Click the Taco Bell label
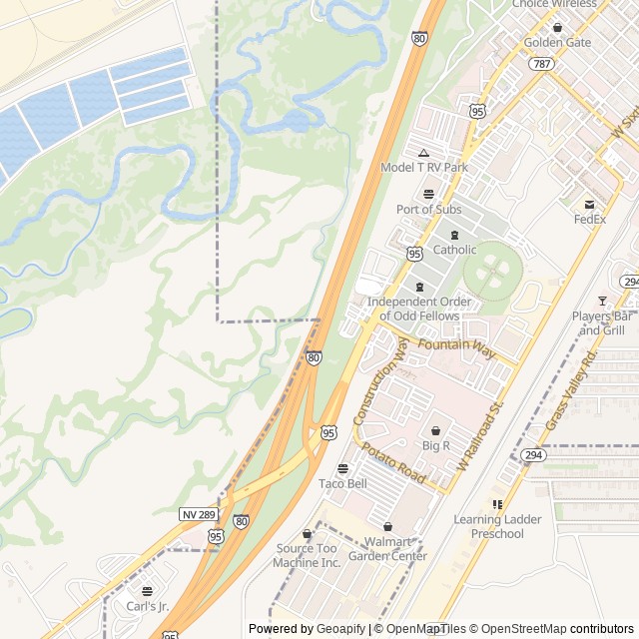click(342, 483)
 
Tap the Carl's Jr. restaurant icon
click(148, 591)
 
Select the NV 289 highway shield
click(198, 513)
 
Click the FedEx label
click(590, 219)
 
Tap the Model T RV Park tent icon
click(423, 153)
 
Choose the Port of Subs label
click(428, 209)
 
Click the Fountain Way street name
click(456, 346)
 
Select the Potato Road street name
click(393, 464)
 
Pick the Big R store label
click(436, 444)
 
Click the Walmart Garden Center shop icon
click(388, 527)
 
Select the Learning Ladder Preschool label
click(497, 526)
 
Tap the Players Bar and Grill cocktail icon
click(602, 301)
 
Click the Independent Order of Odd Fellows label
click(413, 309)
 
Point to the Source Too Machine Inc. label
click(309, 555)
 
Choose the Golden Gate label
click(557, 42)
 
